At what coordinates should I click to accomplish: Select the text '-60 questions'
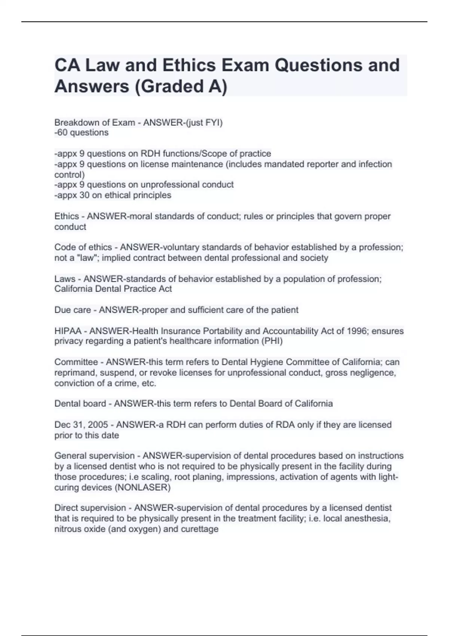coord(81,132)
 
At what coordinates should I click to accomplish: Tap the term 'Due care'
coord(73,310)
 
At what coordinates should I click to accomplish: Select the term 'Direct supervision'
coord(90,508)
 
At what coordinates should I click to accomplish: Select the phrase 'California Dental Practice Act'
coord(113,289)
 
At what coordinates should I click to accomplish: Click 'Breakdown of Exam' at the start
coord(95,122)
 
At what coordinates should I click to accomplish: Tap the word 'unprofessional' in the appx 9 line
coord(173,184)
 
